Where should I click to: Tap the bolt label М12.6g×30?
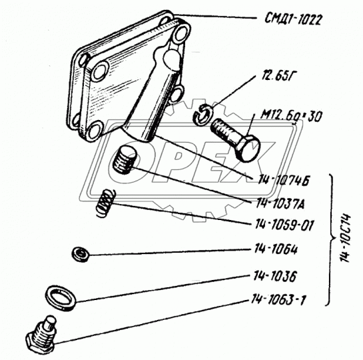pos(291,117)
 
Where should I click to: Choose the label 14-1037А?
pos(280,203)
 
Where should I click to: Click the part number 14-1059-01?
pos(284,225)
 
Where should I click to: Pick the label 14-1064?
pos(276,249)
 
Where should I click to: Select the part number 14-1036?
pos(275,276)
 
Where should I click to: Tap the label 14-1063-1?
pos(278,300)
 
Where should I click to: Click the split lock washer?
pos(202,115)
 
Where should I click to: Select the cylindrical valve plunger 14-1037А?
pos(125,160)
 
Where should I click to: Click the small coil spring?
pos(105,203)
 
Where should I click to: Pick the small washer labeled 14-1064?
pos(81,255)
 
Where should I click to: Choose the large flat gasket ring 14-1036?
pos(61,297)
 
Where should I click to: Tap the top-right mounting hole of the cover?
pos(182,33)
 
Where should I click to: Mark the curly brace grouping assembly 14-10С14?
pos(332,240)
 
